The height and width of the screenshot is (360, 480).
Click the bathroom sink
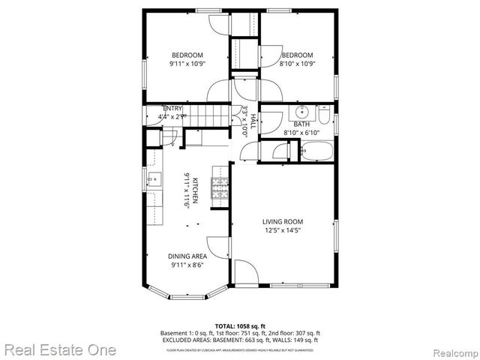point(293,115)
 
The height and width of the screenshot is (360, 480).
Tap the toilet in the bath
point(323,115)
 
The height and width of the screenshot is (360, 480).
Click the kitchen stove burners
point(220,191)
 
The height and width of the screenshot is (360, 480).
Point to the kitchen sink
point(154,180)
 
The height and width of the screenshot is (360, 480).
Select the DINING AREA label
point(187,256)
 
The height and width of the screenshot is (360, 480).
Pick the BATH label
point(301,124)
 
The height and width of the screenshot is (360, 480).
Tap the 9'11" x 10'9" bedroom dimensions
point(187,64)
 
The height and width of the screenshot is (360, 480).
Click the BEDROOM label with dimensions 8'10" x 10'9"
point(297,55)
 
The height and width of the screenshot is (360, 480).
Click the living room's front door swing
point(246,271)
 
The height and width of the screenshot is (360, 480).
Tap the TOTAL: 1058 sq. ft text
point(240,325)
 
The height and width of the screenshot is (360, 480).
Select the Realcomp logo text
point(451,350)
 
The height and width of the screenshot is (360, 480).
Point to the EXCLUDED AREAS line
point(240,339)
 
